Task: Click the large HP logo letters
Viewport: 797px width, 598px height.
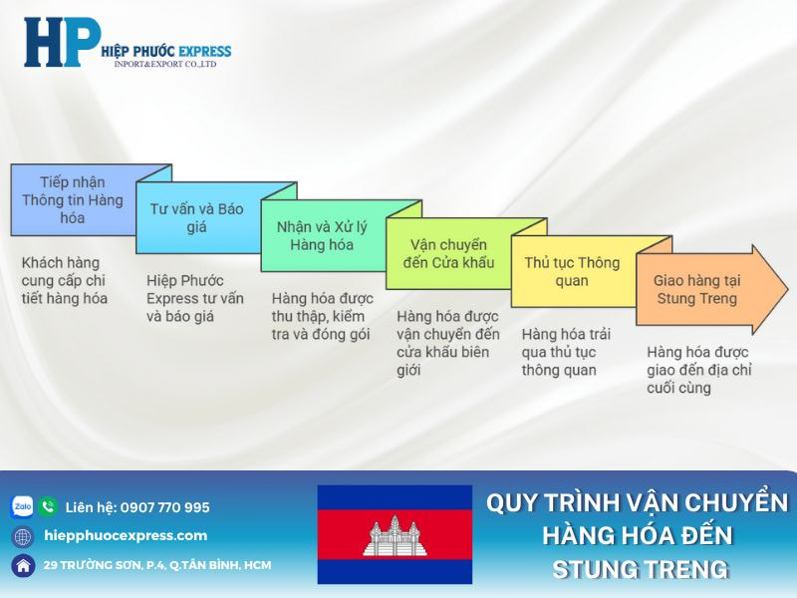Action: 62,42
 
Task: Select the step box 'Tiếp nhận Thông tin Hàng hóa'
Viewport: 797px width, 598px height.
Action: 73,200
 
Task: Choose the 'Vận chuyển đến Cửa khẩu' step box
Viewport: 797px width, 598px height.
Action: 451,253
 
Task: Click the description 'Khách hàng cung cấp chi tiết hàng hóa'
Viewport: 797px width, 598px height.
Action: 66,280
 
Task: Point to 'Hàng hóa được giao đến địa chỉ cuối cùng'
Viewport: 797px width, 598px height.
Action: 697,370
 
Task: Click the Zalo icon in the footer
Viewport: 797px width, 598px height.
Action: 22,507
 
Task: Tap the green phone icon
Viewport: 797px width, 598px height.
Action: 48,507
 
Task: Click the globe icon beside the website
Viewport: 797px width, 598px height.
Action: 23,536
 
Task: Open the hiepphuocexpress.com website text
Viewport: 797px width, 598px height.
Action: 126,536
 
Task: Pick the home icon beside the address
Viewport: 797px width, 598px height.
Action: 23,565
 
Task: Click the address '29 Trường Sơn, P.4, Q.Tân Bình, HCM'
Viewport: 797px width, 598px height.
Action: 157,565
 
